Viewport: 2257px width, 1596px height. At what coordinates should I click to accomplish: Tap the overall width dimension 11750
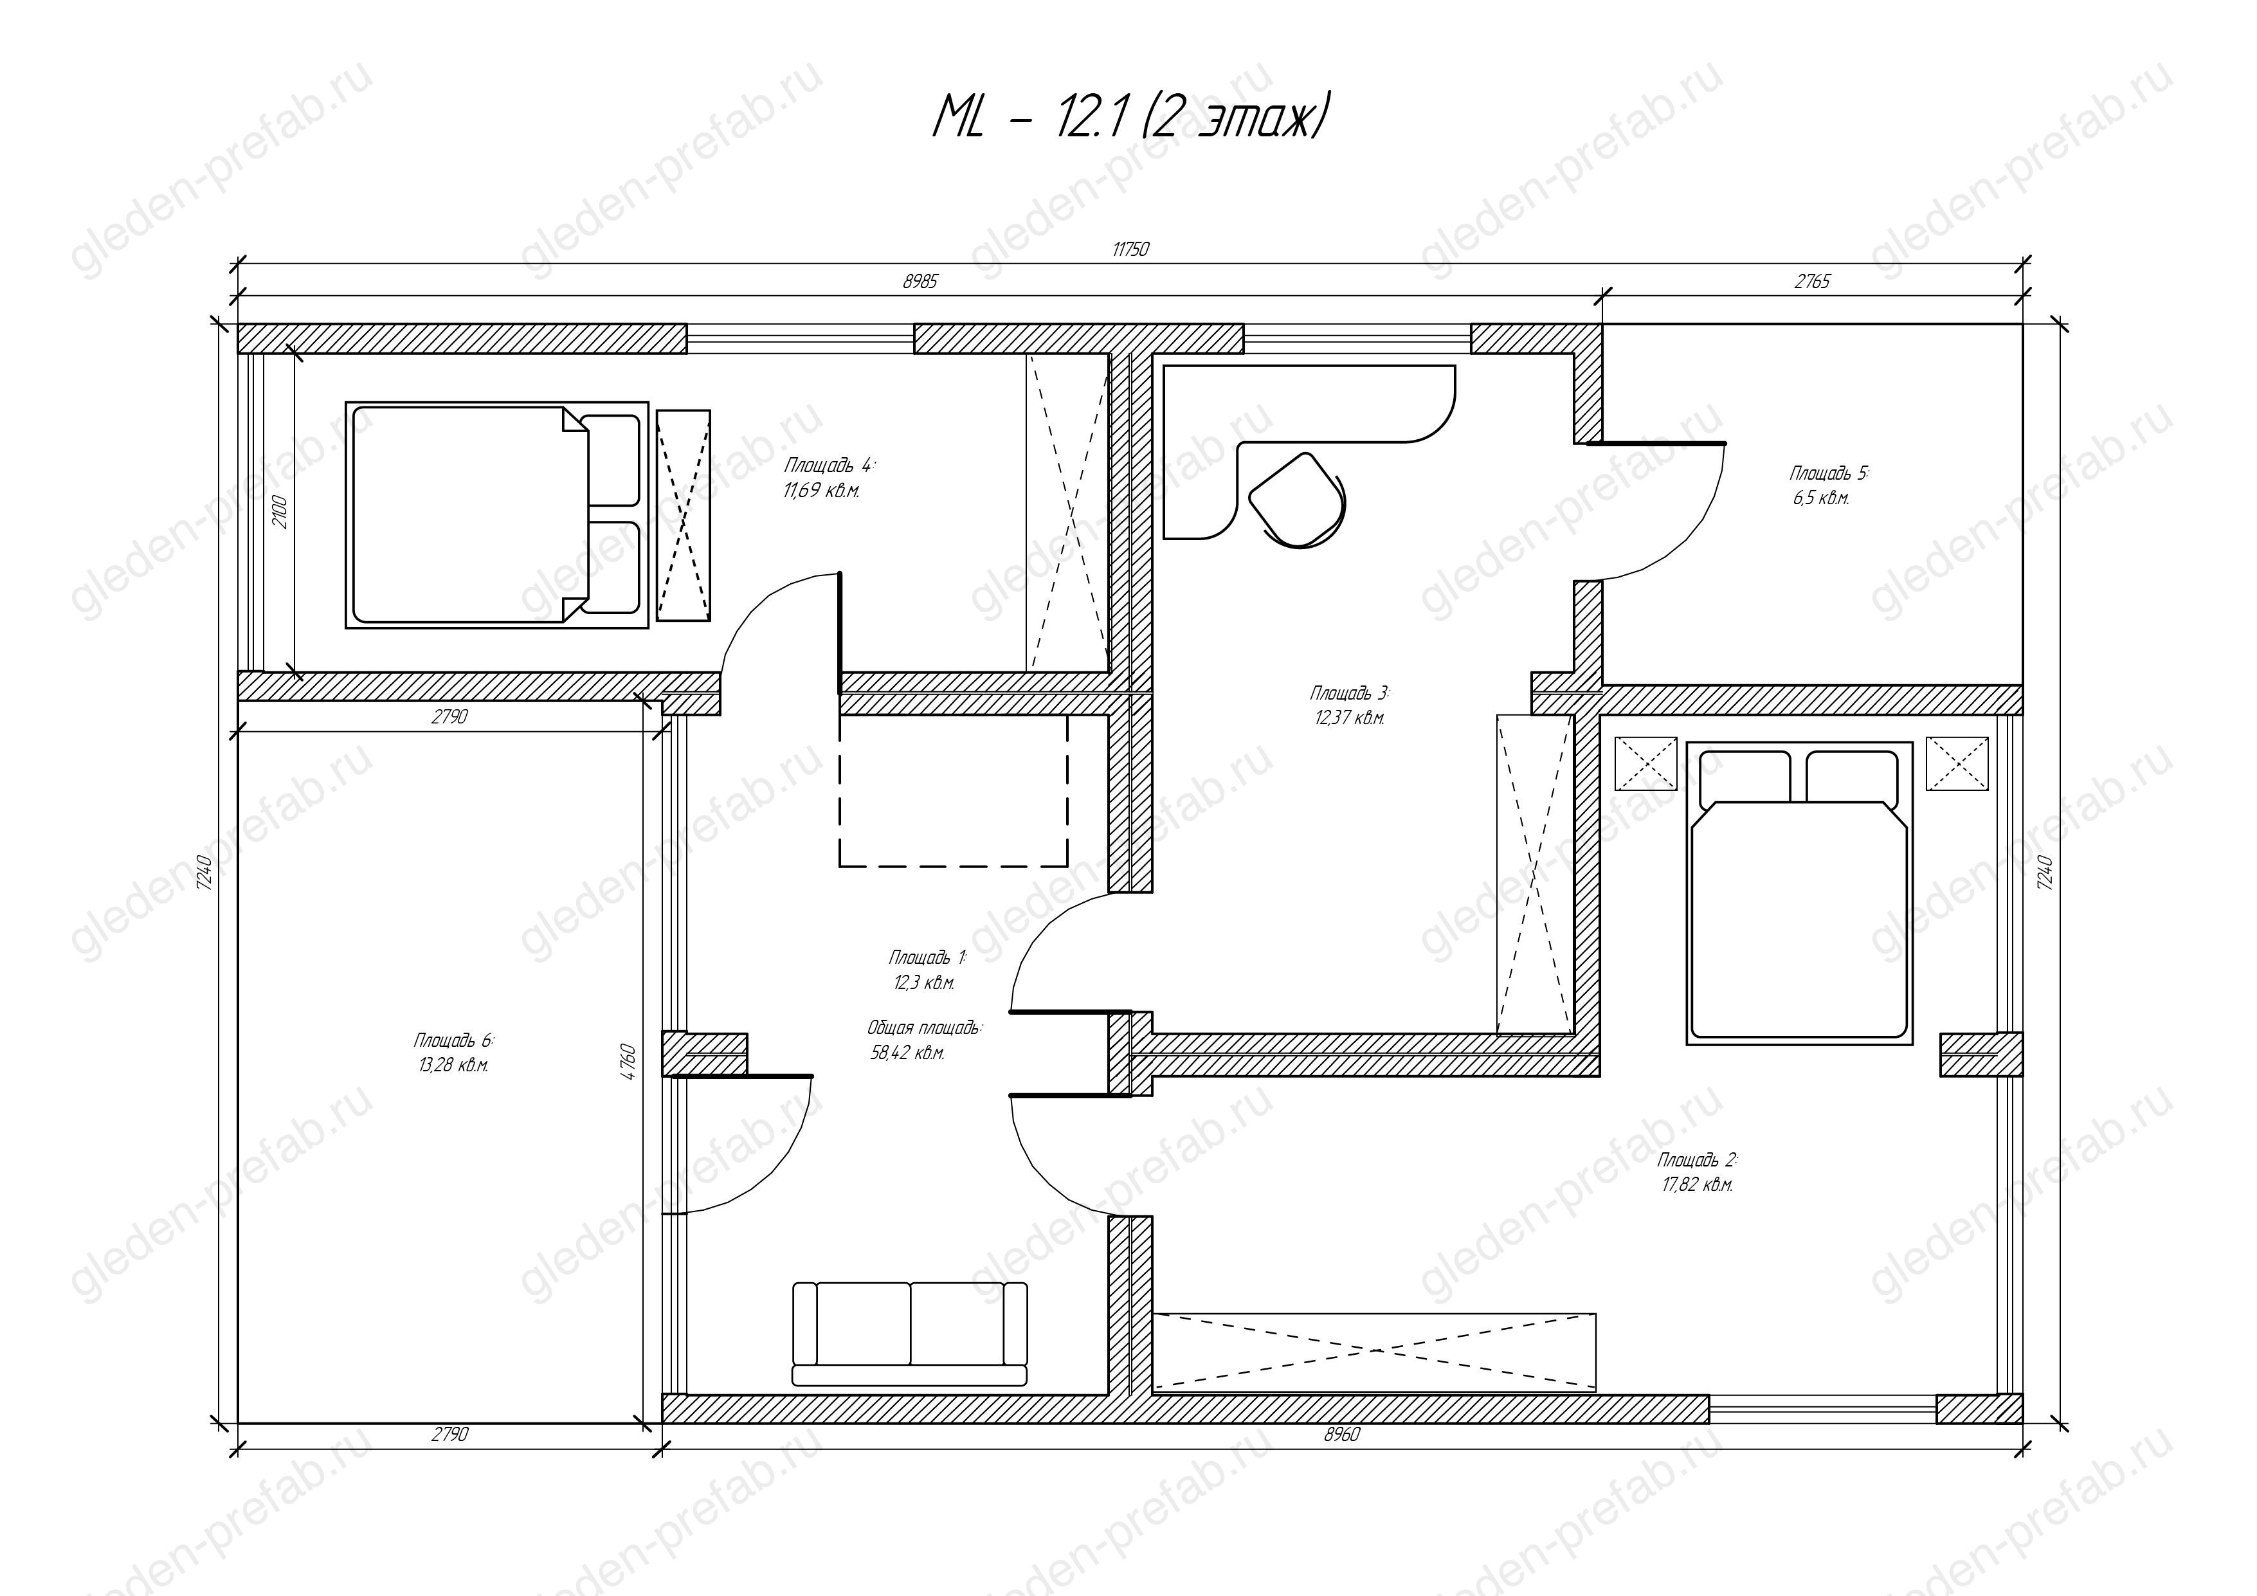1130,249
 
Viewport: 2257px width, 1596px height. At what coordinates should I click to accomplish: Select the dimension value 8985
920,282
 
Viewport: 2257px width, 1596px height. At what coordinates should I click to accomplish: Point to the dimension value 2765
1813,282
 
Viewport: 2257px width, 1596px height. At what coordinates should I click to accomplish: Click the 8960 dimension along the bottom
1342,1435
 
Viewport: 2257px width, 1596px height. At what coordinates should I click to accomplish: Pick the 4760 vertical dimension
629,1062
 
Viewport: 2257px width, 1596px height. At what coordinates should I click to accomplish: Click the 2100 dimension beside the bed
280,512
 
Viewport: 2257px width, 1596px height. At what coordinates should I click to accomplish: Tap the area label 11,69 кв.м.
822,491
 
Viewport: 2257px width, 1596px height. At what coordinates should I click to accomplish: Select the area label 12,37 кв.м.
1350,718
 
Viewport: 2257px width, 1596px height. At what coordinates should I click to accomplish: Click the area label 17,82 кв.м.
1698,1185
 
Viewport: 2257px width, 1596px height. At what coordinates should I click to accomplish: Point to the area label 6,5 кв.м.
1820,498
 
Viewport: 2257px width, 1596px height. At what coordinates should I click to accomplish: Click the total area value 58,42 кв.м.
907,1053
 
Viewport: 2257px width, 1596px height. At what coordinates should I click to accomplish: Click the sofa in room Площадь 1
909,1334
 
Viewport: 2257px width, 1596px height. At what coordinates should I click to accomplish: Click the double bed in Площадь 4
496,515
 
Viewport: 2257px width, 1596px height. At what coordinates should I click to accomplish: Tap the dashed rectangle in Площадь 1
952,790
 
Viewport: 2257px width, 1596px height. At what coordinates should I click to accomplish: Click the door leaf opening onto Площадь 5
1656,443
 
